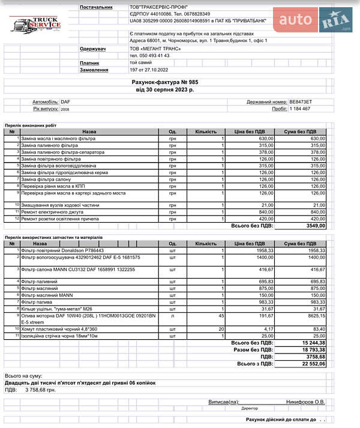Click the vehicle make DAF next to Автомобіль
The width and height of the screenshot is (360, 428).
click(65, 103)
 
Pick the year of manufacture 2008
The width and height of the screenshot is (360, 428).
click(65, 110)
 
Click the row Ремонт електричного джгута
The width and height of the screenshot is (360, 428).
click(53, 212)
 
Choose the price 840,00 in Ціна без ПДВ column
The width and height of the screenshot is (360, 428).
click(262, 212)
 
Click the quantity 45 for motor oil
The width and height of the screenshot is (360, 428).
click(221, 315)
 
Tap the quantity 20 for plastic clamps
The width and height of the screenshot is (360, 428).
click(221, 328)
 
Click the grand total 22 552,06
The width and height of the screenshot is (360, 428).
click(313, 363)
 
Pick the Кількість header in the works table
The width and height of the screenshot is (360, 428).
click(206, 131)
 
